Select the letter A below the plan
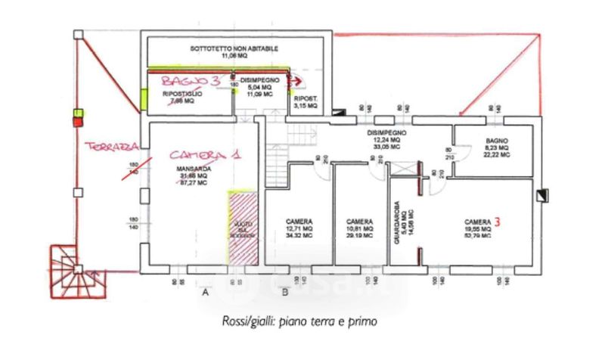tap(204, 291)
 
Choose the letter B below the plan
tap(284, 291)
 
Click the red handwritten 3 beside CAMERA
tap(497, 222)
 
